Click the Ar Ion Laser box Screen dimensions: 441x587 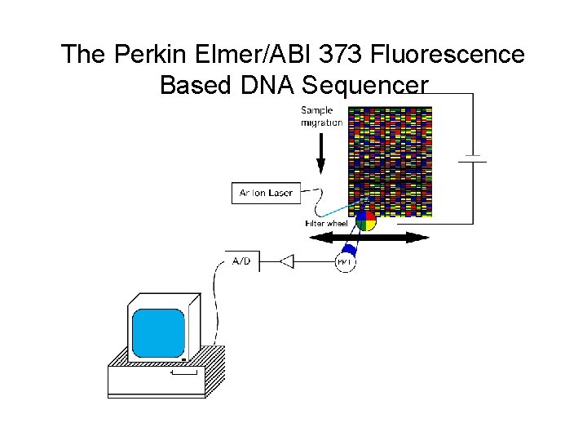[266, 193]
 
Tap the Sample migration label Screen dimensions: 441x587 [321, 116]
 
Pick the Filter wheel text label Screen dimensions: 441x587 [325, 223]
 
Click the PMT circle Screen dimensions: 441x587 [346, 261]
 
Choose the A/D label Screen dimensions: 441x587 [242, 261]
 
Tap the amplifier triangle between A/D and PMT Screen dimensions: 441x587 [287, 261]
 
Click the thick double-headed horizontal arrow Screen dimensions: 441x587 [368, 238]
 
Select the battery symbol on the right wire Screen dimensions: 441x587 [472, 157]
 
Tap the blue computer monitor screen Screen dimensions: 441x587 [158, 332]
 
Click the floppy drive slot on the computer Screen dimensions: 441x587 [183, 372]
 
